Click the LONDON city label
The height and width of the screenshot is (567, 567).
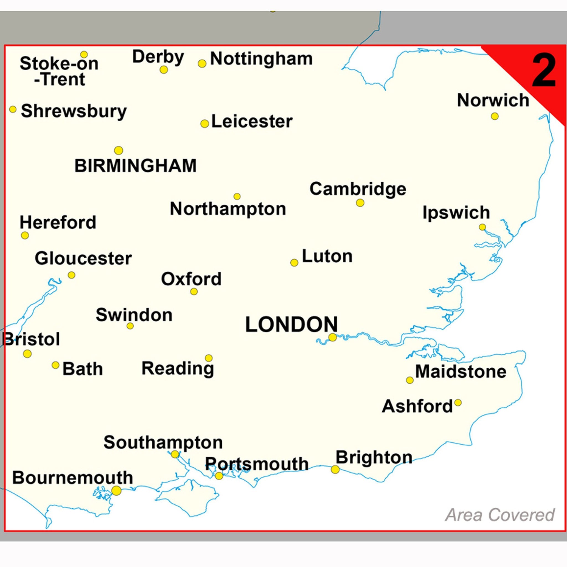(x=292, y=324)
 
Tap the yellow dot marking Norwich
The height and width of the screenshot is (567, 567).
(x=495, y=116)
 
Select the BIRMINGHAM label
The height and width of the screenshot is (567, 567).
(x=135, y=166)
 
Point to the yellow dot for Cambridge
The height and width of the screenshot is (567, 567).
(x=360, y=203)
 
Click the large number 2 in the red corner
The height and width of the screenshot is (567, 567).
(x=544, y=71)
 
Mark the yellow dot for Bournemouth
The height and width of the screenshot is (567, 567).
(x=117, y=490)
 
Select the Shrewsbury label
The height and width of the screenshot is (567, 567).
(x=74, y=112)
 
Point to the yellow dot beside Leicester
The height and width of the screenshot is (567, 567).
(x=205, y=123)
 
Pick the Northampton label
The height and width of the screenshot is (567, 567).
(x=228, y=209)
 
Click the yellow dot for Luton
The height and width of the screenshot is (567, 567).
(x=294, y=263)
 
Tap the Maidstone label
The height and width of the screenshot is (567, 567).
(x=461, y=372)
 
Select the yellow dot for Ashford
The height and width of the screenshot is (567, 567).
(x=458, y=403)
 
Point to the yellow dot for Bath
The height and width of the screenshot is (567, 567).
(x=55, y=365)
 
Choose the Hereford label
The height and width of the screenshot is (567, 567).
(x=58, y=223)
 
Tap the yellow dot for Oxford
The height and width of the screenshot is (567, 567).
(x=194, y=292)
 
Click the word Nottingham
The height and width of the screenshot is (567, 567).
(x=261, y=59)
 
